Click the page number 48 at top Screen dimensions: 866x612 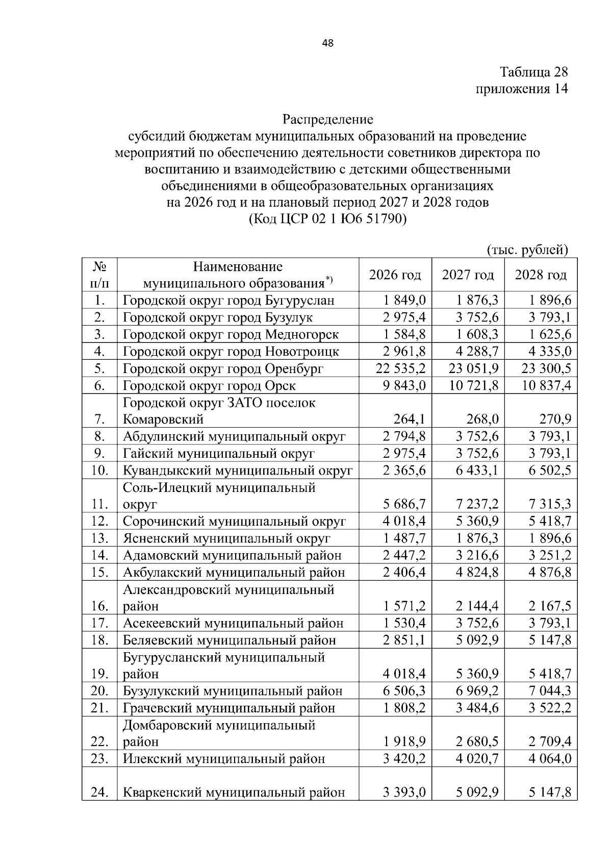click(327, 43)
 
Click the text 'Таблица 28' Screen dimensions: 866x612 click(533, 71)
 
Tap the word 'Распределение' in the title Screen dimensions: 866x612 click(328, 120)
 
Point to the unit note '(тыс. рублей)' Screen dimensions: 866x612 click(527, 250)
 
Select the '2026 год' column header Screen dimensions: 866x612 click(395, 275)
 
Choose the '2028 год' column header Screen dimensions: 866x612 click(541, 275)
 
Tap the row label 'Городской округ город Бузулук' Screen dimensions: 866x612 click(218, 317)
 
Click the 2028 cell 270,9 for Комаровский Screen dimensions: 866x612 click(555, 419)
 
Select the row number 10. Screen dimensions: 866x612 click(99, 471)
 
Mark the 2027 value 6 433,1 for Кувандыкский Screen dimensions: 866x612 click(477, 471)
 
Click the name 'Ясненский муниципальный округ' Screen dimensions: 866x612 click(226, 538)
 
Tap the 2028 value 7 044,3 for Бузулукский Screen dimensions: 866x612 click(550, 691)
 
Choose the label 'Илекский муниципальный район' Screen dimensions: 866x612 click(224, 759)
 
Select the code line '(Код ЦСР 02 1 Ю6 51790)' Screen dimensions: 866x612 click(327, 219)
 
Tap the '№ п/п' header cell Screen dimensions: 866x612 click(99, 275)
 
